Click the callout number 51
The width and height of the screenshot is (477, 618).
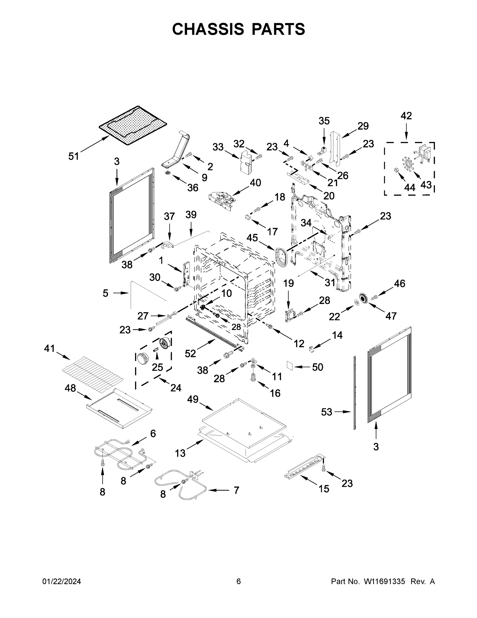(x=74, y=156)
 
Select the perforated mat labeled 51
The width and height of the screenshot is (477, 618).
(x=133, y=126)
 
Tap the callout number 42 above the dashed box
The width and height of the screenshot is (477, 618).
(x=406, y=116)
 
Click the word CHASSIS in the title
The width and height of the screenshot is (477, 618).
(x=208, y=29)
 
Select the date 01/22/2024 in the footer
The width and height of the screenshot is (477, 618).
(x=62, y=581)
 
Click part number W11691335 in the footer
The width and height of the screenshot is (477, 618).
(x=384, y=581)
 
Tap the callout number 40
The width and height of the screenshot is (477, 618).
(x=255, y=183)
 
